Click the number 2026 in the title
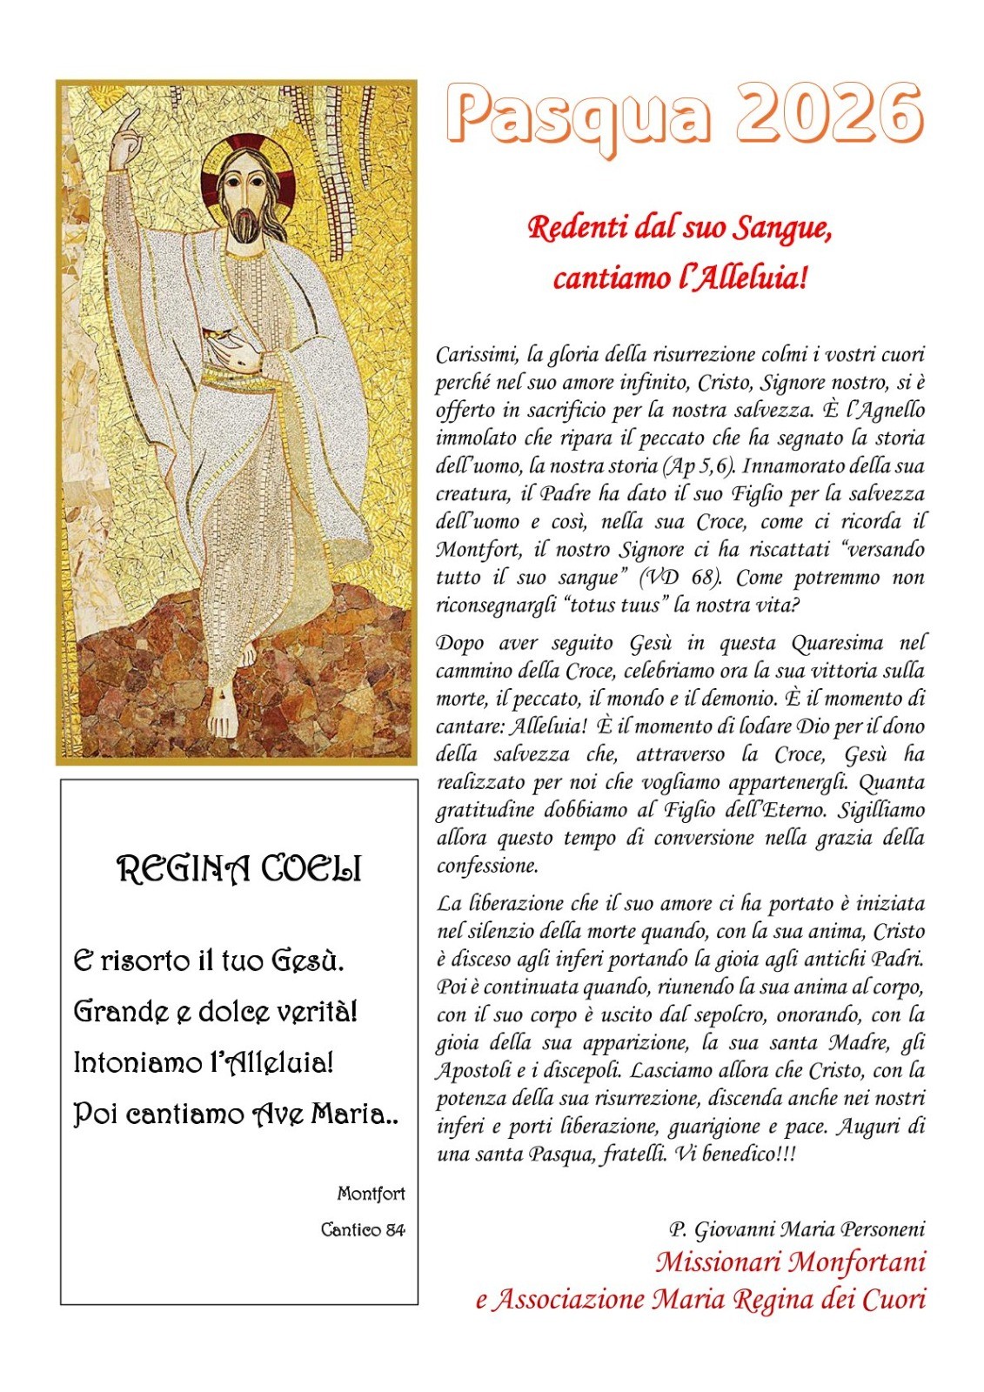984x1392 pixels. click(x=828, y=115)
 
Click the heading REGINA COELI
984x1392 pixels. click(x=239, y=869)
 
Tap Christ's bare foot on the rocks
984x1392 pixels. click(x=224, y=709)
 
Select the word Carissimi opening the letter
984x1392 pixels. click(x=478, y=355)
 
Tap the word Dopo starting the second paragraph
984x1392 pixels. click(x=461, y=643)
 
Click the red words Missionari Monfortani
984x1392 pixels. click(x=790, y=1261)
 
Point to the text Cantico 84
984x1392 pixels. click(x=363, y=1229)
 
